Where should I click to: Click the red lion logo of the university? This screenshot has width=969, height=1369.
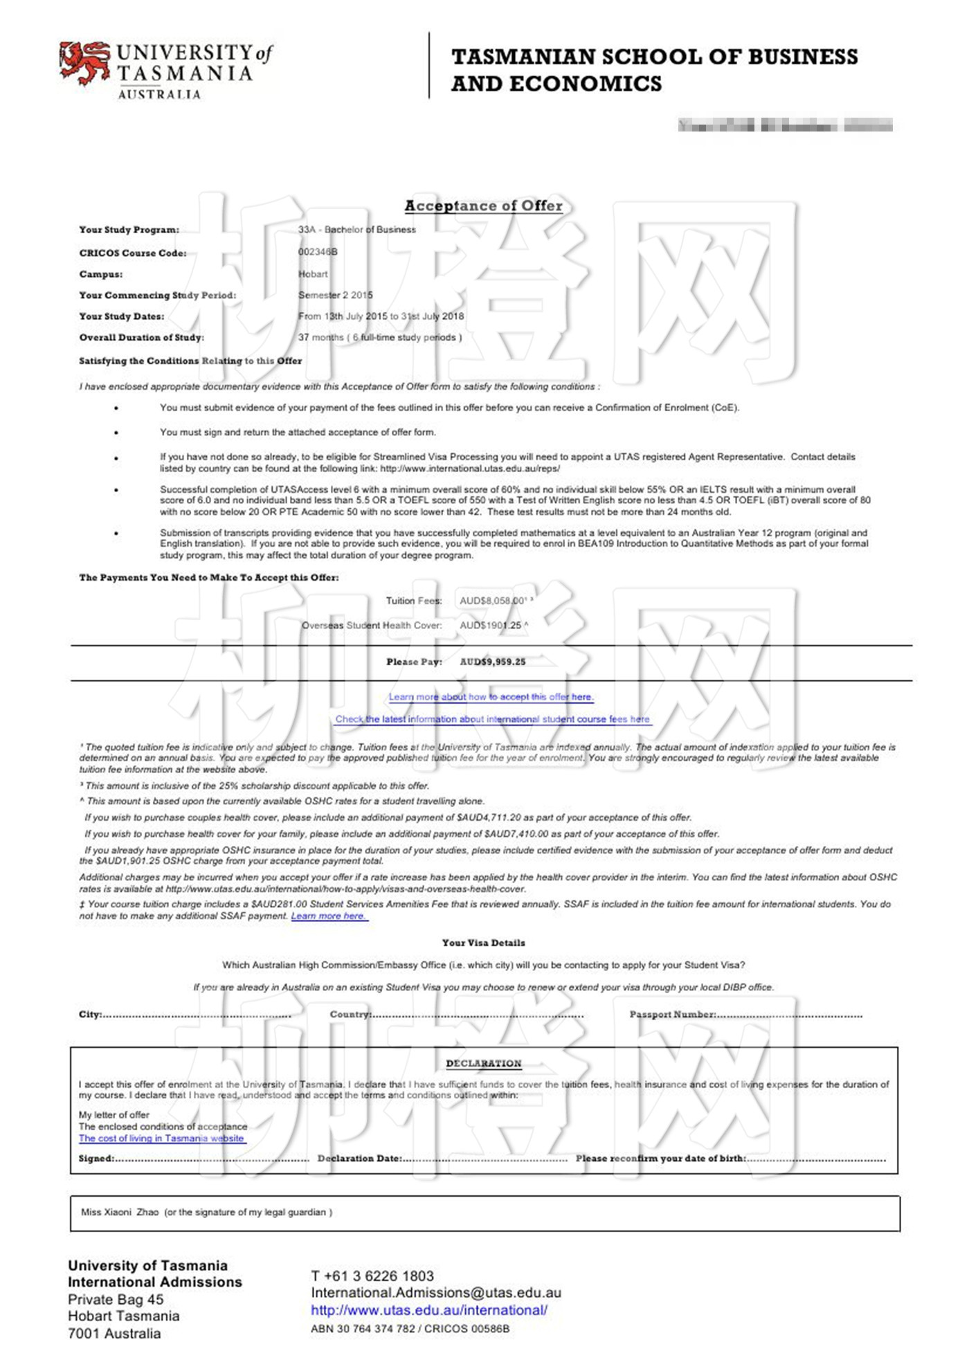click(84, 62)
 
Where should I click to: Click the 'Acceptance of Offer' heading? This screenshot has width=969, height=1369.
click(483, 206)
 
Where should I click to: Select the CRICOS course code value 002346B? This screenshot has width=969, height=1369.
click(318, 252)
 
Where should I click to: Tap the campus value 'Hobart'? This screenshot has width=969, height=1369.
click(313, 274)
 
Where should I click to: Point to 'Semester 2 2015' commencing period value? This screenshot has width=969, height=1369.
click(335, 295)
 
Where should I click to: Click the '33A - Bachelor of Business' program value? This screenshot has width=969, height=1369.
click(356, 230)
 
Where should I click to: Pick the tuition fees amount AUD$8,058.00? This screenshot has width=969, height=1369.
click(493, 601)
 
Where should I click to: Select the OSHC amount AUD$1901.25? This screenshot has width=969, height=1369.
click(491, 625)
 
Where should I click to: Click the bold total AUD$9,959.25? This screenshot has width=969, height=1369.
click(492, 662)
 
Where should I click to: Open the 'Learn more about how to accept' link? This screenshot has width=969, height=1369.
click(491, 697)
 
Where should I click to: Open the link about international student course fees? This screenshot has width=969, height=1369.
click(492, 719)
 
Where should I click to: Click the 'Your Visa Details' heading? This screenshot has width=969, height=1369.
click(483, 943)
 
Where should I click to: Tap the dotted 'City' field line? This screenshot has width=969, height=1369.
click(197, 1015)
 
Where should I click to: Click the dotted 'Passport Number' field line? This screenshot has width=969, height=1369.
click(789, 1015)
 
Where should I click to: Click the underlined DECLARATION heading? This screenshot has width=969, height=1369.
click(483, 1063)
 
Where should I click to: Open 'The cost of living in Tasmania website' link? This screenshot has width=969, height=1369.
click(161, 1139)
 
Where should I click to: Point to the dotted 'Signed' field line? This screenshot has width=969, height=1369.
click(211, 1159)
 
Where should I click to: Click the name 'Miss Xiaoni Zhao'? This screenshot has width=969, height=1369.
click(120, 1212)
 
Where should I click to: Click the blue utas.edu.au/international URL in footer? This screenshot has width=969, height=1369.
click(428, 1310)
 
